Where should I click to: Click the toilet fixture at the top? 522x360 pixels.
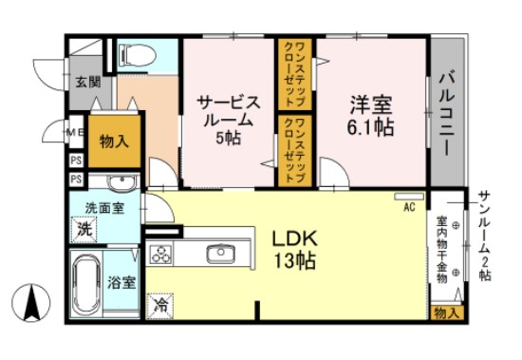point(133,55)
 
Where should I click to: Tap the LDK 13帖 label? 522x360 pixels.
point(295,250)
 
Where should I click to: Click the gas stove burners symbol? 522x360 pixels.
point(160,255)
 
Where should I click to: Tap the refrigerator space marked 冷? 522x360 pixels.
point(161,306)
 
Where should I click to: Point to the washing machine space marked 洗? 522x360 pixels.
point(84,229)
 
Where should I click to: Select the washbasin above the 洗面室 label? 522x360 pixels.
point(120,182)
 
